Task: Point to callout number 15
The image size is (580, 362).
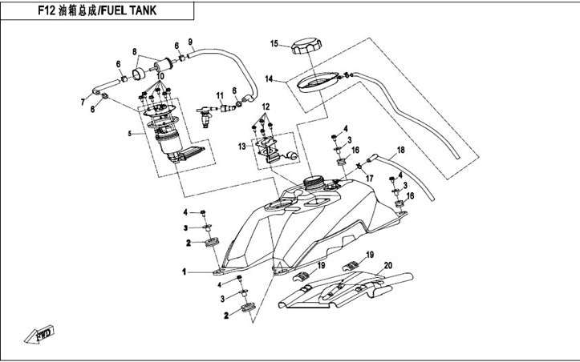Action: click(x=274, y=42)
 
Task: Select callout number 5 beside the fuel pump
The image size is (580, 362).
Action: click(x=130, y=133)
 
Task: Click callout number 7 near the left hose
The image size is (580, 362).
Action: click(x=82, y=103)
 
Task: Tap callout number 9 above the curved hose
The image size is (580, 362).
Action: click(x=190, y=42)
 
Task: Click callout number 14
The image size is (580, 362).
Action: click(x=270, y=78)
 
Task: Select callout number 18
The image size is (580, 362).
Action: click(x=401, y=150)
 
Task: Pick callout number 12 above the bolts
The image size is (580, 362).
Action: click(x=266, y=107)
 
